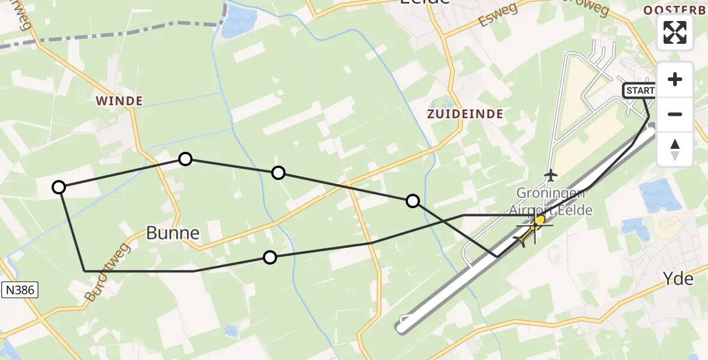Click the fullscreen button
click(675, 32)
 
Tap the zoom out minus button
click(675, 114)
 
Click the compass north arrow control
click(675, 149)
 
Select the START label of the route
click(640, 91)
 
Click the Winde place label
click(118, 101)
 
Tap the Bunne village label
click(173, 233)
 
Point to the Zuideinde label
click(465, 113)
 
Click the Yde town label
click(678, 279)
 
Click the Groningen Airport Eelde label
click(550, 202)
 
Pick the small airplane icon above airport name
click(550, 175)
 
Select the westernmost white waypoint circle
click(59, 187)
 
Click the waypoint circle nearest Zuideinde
click(413, 200)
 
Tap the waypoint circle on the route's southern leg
click(270, 257)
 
